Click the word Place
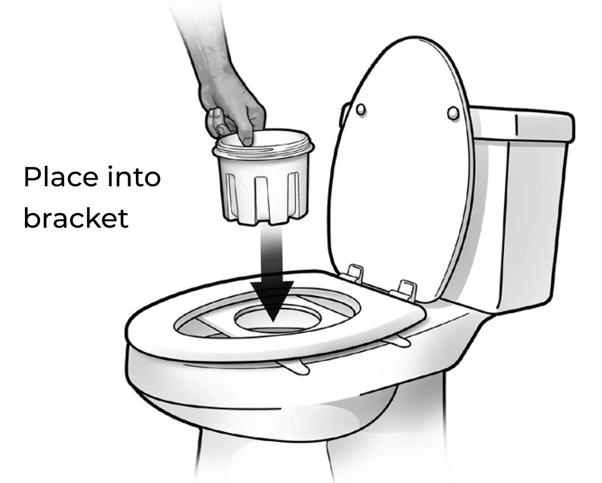pos(61,177)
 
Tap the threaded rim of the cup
pos(263,142)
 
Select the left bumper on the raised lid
pos(361,109)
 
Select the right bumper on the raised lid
pos(453,113)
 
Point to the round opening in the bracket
pos(277,319)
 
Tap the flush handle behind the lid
pos(344,115)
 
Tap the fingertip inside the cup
pos(247,141)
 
